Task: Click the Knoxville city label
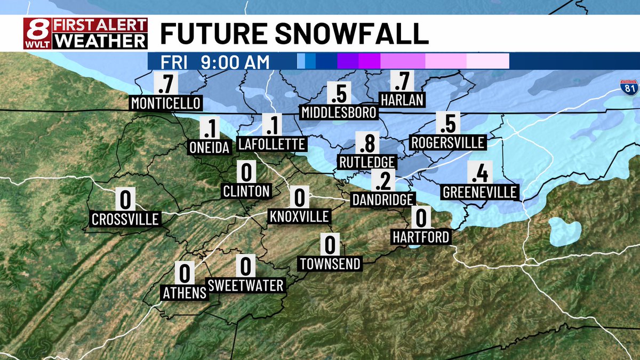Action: point(299,217)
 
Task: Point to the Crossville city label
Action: point(125,219)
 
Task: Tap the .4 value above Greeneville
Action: point(479,173)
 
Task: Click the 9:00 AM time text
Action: point(235,62)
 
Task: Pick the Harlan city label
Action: point(402,100)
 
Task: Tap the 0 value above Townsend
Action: point(330,245)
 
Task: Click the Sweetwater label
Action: point(246,285)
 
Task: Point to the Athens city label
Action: point(185,292)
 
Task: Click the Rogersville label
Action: point(447,143)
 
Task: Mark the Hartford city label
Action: point(421,236)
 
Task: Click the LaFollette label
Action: point(272,144)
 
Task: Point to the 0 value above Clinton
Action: point(246,173)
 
